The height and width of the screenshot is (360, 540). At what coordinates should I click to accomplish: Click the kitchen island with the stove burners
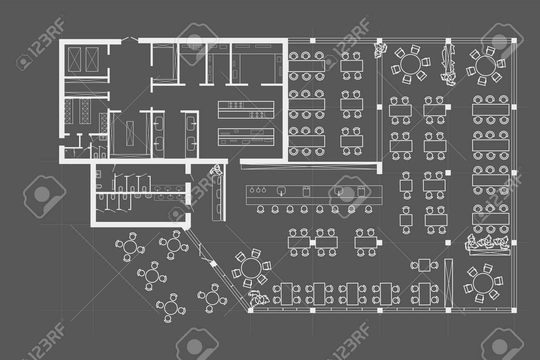pyautogui.click(x=246, y=109)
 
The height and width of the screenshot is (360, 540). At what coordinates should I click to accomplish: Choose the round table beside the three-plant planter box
pyautogui.click(x=482, y=283)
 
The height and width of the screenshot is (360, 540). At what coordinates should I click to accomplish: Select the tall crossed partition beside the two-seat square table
pyautogui.click(x=448, y=283)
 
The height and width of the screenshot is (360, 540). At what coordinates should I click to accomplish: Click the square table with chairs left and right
pyautogui.click(x=424, y=264)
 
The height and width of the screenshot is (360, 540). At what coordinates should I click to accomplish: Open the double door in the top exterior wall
pyautogui.click(x=130, y=39)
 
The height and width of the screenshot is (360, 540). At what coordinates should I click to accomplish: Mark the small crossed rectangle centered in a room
pyautogui.click(x=130, y=132)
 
